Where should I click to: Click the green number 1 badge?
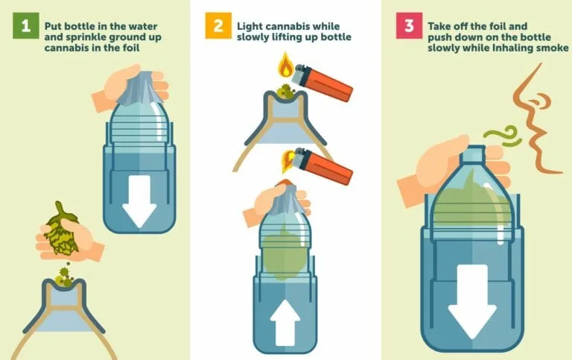click(23, 28)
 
